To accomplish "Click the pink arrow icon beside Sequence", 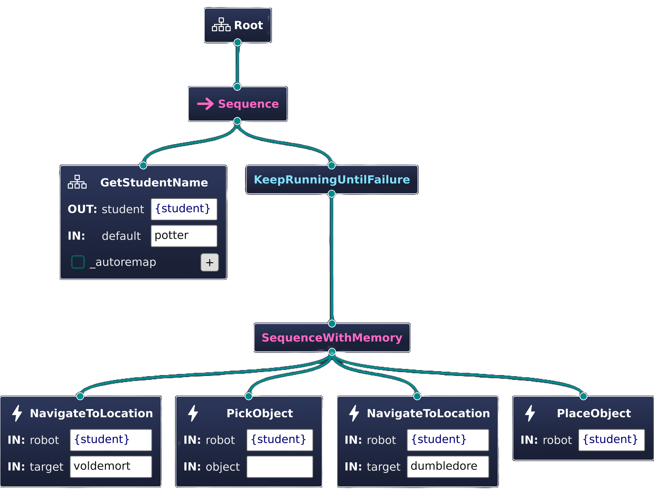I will click(205, 104).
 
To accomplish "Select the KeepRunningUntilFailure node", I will click(332, 180).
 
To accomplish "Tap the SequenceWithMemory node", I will click(332, 337).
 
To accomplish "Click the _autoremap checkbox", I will click(78, 262).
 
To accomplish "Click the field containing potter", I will click(184, 236).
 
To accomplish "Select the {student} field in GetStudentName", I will click(184, 209).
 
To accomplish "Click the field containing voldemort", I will click(111, 467).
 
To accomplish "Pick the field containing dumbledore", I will click(448, 467).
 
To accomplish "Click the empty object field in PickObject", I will click(280, 467).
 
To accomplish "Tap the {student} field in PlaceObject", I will click(611, 440).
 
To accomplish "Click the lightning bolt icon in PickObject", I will click(193, 413).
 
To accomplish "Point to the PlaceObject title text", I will click(594, 413).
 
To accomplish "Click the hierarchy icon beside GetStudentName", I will click(77, 182).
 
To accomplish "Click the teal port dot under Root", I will click(237, 42).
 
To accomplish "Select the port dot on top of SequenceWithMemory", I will click(332, 323).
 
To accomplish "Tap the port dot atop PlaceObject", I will click(583, 396).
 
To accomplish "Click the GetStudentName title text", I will click(154, 182).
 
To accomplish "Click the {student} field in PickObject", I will click(280, 440).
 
